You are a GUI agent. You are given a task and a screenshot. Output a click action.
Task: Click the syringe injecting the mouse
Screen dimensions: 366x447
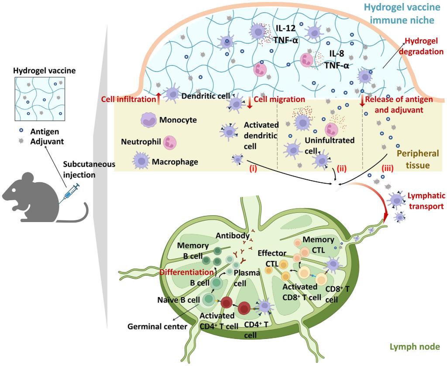pos(71,194)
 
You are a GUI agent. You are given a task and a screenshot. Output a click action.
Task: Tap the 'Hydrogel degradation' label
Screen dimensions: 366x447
pos(424,45)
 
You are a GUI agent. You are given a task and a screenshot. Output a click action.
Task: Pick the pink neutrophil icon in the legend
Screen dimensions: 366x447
pos(169,142)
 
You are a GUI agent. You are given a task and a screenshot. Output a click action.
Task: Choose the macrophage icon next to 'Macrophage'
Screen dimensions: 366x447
pos(142,161)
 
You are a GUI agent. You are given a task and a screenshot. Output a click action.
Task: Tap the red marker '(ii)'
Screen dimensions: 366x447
pos(342,168)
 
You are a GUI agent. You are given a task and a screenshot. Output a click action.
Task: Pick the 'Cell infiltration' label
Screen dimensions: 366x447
pos(127,99)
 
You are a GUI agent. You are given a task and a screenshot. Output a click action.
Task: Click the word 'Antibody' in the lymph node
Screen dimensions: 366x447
pos(232,236)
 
